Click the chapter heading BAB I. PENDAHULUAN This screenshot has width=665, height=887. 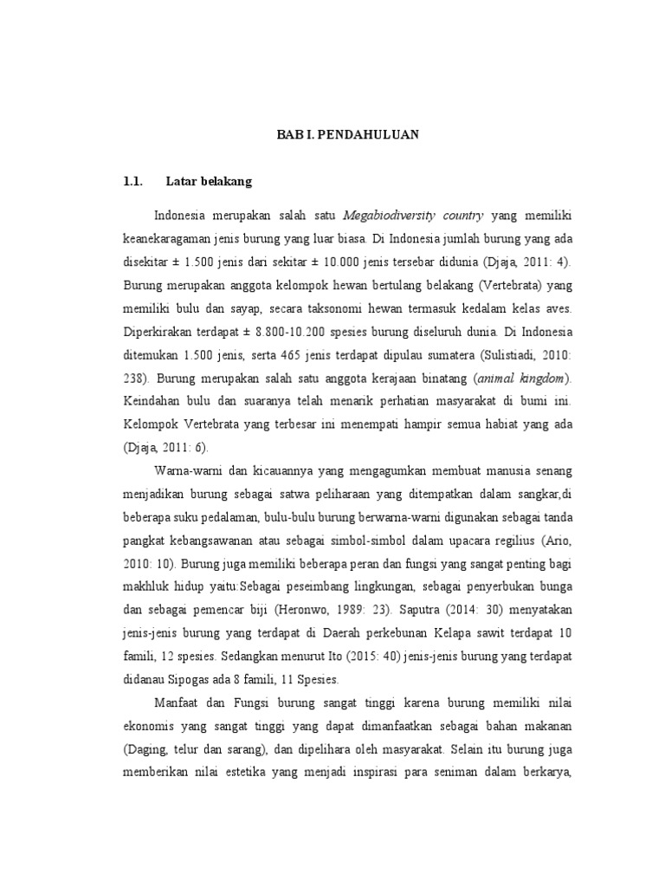pos(347,134)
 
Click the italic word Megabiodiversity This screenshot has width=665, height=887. pos(391,215)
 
